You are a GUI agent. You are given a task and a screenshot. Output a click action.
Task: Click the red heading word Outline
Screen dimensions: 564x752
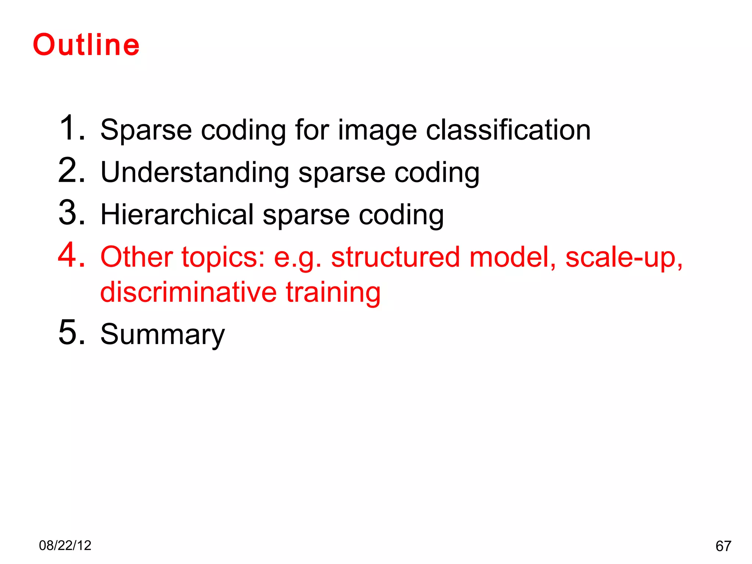[x=86, y=45]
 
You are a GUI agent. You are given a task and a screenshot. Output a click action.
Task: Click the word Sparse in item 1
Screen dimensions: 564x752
[x=146, y=130]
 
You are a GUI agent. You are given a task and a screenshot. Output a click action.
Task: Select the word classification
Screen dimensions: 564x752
[x=508, y=130]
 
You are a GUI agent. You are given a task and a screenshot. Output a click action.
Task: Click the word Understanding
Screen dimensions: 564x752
[x=195, y=173]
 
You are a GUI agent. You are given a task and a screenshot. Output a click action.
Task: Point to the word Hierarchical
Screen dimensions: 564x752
[x=177, y=214]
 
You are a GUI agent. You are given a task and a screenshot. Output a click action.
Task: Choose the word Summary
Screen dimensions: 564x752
[x=162, y=335]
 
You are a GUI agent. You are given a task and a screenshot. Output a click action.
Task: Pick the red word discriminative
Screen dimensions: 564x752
[x=188, y=292]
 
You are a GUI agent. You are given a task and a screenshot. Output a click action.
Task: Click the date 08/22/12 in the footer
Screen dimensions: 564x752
[x=65, y=546]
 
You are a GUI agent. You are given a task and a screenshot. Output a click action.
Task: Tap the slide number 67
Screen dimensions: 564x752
[x=723, y=546]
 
